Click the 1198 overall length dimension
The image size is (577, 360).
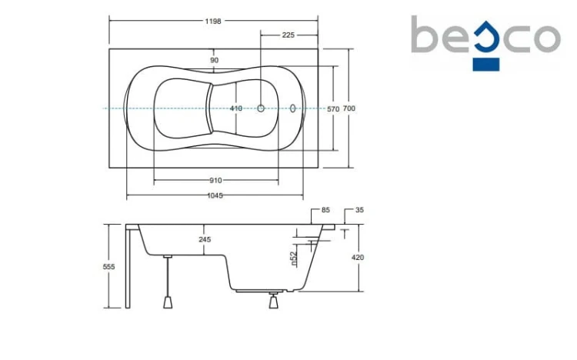coord(213,22)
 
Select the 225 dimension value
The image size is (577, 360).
coord(288,35)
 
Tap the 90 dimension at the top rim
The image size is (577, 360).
coord(215,60)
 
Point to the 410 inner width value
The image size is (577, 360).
coord(236,108)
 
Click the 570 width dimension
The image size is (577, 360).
coord(333,109)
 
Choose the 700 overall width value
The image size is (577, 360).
coord(349,108)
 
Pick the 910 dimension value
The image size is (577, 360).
coord(215,180)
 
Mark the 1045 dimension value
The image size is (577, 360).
coord(215,195)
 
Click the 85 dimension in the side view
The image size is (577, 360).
coord(325,210)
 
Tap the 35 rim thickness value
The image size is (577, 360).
coord(359,210)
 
